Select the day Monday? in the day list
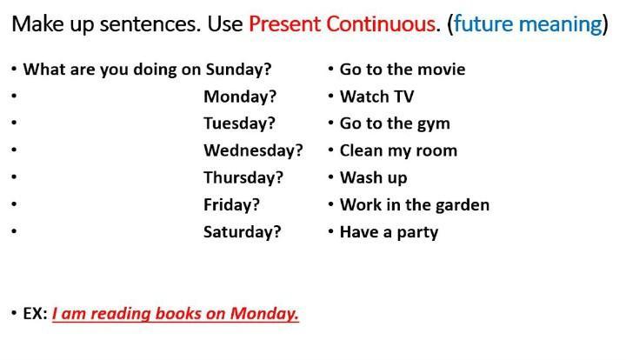point(240,97)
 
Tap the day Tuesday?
point(240,123)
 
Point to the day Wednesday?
point(253,150)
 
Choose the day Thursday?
point(243,177)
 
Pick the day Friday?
point(231,204)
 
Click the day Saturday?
point(243,232)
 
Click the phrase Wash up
point(373,178)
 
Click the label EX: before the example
point(35,314)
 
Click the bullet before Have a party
point(330,230)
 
